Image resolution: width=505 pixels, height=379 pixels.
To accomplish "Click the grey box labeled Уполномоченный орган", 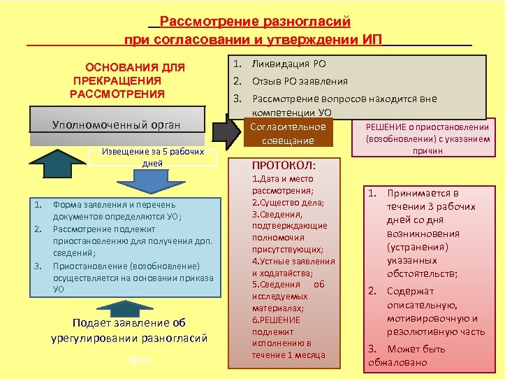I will point(117,124).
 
